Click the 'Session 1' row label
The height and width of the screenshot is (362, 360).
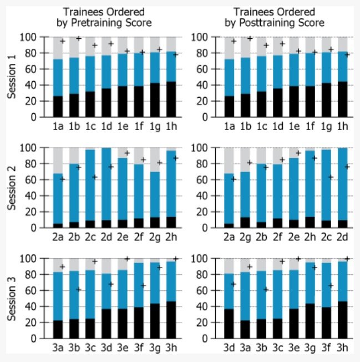coord(13,77)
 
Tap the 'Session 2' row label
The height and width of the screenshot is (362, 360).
coord(13,188)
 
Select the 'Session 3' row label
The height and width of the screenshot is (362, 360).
coord(13,298)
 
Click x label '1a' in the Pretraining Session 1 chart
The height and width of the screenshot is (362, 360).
coord(58,126)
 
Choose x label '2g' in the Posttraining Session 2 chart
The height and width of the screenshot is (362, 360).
coord(246,237)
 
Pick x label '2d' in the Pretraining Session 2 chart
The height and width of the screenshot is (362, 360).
coord(106,237)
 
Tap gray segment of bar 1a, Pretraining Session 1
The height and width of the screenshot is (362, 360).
coord(58,48)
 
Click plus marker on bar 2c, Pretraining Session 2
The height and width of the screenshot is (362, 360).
coord(95,177)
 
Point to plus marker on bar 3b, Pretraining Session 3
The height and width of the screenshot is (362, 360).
coord(79,289)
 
